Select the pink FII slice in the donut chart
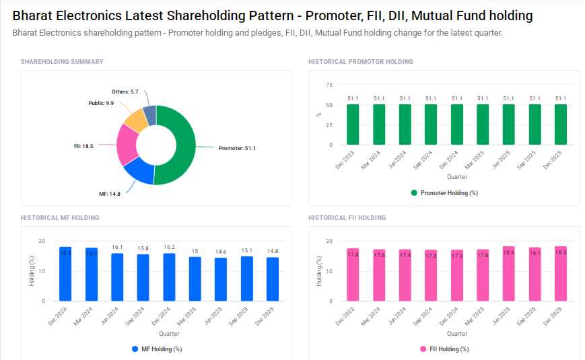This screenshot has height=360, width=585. [x=127, y=145]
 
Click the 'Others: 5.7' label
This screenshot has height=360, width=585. [x=125, y=92]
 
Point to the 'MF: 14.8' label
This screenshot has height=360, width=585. [x=110, y=194]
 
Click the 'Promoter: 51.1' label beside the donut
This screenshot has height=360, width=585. [x=238, y=148]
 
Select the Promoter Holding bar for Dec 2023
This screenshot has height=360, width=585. [x=353, y=124]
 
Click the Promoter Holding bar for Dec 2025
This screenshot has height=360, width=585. [x=561, y=124]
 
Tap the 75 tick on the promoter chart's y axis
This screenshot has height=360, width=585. [x=329, y=85]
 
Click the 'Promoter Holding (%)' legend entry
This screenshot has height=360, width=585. [x=444, y=193]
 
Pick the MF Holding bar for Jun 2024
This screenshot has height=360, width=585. [x=117, y=277]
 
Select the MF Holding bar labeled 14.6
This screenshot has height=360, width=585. [x=221, y=279]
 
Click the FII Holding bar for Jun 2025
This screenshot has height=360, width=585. [x=508, y=274]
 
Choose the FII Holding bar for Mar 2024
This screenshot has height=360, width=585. [x=379, y=275]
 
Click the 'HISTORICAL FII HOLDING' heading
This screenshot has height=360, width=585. [x=347, y=218]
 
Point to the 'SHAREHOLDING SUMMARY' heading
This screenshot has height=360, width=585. [x=62, y=62]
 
